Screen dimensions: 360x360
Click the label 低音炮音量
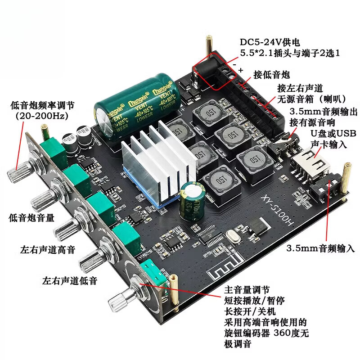(x=31, y=218)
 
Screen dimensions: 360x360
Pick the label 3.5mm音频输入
(x=321, y=248)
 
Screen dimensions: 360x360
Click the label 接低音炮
(x=271, y=74)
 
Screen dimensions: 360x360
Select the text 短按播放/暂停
(x=254, y=300)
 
